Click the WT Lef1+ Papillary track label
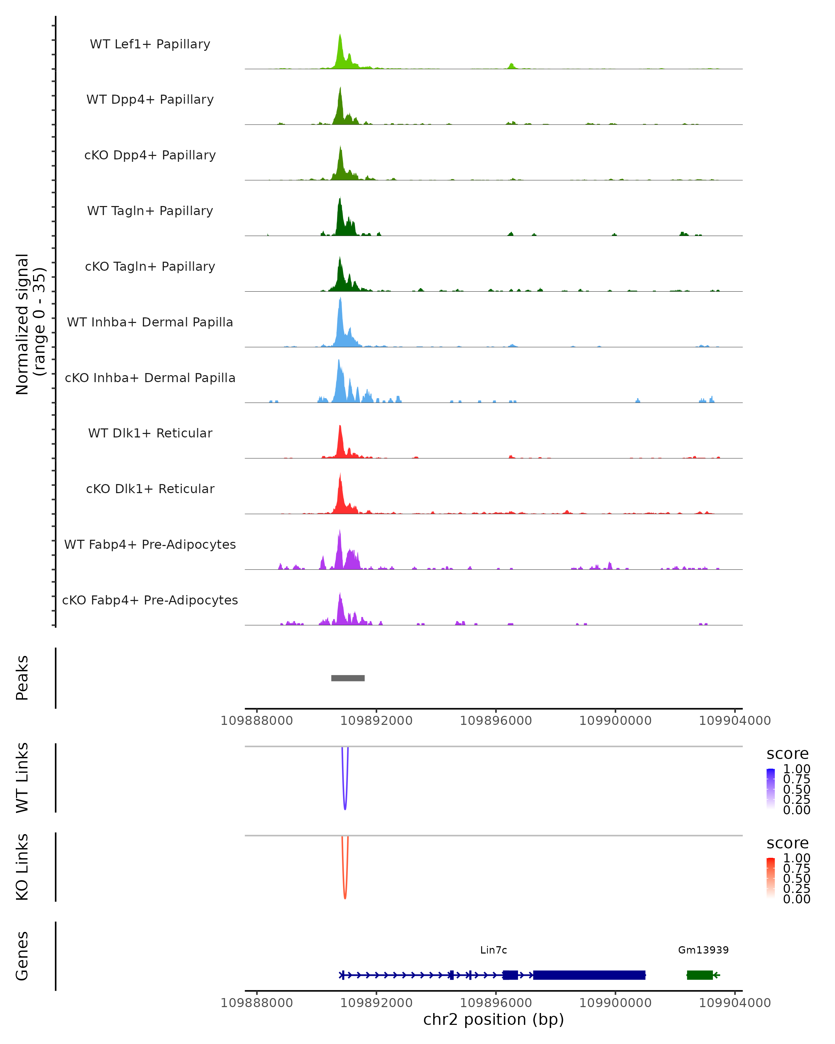click(x=150, y=44)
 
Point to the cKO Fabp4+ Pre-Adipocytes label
click(x=150, y=600)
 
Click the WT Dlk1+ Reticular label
click(x=150, y=433)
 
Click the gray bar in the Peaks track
click(x=348, y=678)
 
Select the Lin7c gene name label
click(x=493, y=950)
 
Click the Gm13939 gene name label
click(x=703, y=950)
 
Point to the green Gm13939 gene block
click(x=699, y=975)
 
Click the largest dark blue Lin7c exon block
click(x=589, y=975)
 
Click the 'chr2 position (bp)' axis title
click(x=493, y=1019)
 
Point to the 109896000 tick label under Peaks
click(x=496, y=721)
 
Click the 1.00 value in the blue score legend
click(x=796, y=769)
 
